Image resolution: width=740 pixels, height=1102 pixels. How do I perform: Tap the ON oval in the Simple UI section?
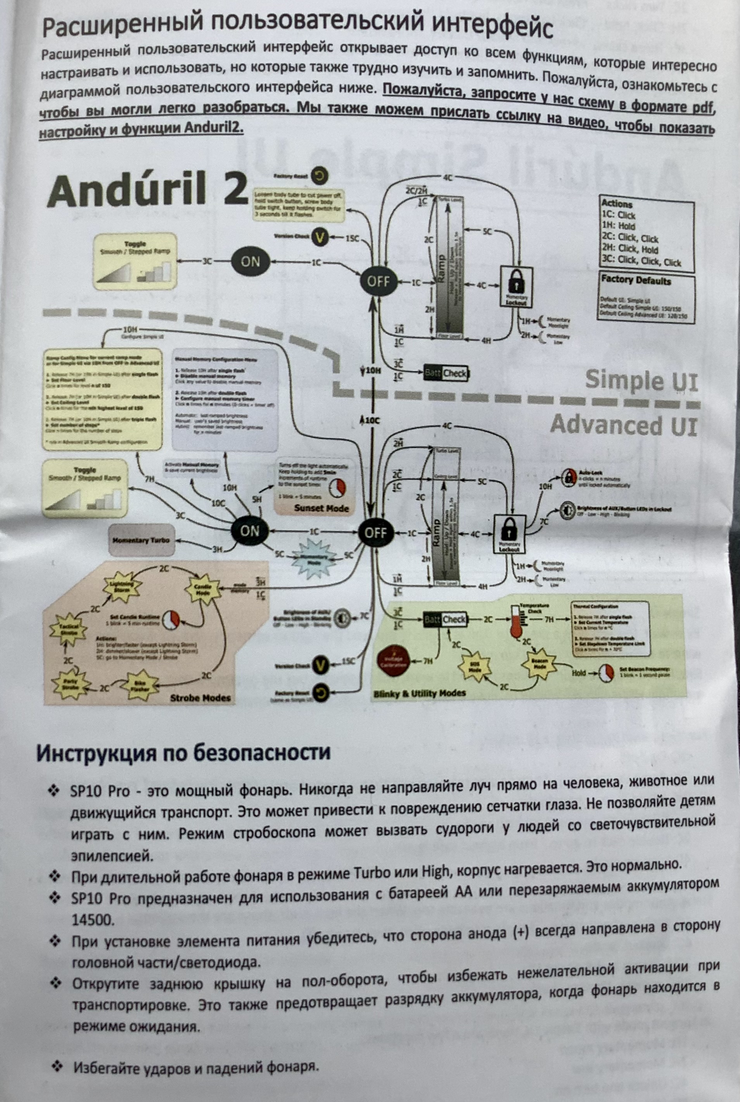coord(250,262)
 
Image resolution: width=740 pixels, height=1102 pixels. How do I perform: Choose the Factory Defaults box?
coord(647,298)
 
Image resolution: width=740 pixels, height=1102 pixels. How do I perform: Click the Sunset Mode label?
coord(321,508)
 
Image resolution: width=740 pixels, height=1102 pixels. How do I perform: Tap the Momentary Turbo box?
coord(141,540)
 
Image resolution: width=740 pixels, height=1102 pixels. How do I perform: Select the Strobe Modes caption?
coord(200,698)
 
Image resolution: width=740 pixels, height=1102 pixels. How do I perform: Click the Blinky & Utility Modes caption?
coord(420,693)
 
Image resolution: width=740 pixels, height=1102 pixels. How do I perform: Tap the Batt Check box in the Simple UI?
coord(446,373)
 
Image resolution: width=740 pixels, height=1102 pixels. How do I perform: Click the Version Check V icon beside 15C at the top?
coord(320,237)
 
